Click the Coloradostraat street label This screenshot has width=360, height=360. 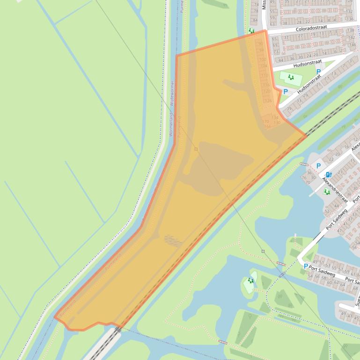pyautogui.click(x=314, y=29)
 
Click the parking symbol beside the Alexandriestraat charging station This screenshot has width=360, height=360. pyautogui.click(x=318, y=166)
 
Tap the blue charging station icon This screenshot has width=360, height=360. pyautogui.click(x=329, y=174)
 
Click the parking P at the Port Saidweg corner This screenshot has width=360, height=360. pyautogui.click(x=306, y=266)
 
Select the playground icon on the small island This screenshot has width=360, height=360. pyautogui.click(x=250, y=281)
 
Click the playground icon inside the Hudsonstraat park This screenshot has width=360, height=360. pyautogui.click(x=291, y=77)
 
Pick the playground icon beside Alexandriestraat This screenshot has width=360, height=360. pyautogui.click(x=327, y=192)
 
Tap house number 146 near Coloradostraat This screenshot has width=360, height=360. pyautogui.click(x=352, y=45)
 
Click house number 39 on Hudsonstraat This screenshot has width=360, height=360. pyautogui.click(x=289, y=108)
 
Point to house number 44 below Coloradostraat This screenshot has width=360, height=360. pyautogui.click(x=281, y=59)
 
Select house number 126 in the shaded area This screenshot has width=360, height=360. pyautogui.click(x=268, y=101)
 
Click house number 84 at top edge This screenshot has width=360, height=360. pyautogui.click(x=255, y=20)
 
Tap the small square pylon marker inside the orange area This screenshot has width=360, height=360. pyautogui.click(x=196, y=150)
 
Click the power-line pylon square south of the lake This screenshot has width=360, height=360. pyautogui.click(x=263, y=251)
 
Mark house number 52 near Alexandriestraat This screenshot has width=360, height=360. pyautogui.click(x=327, y=211)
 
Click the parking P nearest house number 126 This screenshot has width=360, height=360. pyautogui.click(x=286, y=92)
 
